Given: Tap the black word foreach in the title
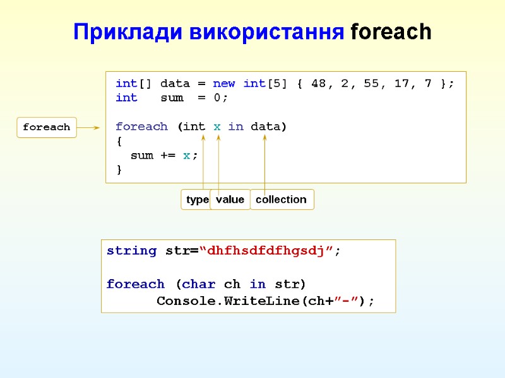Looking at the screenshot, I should pos(391,31).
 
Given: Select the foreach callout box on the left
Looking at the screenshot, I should pos(47,127).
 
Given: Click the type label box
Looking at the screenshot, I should pos(197,200).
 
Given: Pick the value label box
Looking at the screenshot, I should pos(230,200).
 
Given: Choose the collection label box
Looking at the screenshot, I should pos(282,200).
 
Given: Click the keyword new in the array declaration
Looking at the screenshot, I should pos(224,83).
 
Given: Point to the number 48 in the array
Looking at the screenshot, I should pos(319,83).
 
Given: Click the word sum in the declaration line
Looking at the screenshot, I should pos(172,98).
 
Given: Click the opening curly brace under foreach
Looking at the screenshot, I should pos(119,141).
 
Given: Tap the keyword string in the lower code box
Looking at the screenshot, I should pos(131,251).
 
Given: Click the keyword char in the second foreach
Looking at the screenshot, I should pos(199,284).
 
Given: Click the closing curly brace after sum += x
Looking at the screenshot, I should pos(119,170).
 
